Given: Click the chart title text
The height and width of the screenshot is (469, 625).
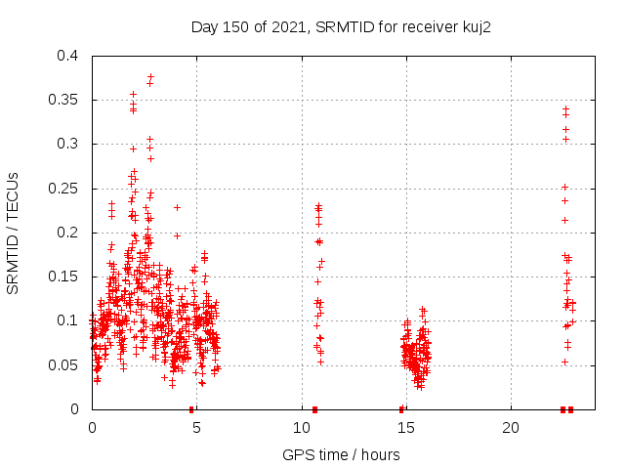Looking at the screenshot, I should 341,27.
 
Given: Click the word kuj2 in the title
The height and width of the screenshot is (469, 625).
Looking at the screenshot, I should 475,27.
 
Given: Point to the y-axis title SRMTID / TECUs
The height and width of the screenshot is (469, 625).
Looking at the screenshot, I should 14,233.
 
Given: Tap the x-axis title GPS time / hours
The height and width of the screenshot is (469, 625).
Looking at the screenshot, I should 341,454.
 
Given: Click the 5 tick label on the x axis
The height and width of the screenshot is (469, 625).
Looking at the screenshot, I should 196,428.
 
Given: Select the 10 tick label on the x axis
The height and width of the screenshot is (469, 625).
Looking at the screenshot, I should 301,428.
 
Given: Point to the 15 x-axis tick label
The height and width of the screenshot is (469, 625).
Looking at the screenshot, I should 405,428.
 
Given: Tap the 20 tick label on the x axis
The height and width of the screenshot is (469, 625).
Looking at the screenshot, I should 510,428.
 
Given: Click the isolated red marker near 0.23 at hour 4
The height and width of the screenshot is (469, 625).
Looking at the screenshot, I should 177,207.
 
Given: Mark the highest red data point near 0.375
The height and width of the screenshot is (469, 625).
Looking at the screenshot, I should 150,76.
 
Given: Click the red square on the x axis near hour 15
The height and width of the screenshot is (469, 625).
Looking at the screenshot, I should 401,408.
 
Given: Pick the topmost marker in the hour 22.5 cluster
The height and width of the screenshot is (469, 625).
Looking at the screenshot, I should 565,108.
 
